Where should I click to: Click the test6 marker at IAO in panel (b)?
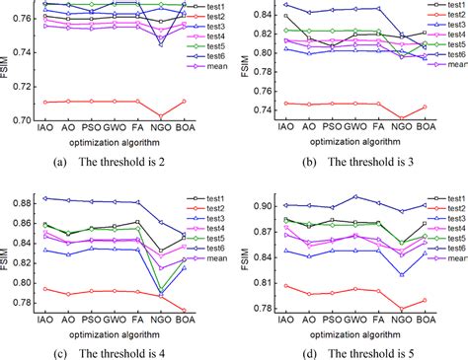tap(286, 5)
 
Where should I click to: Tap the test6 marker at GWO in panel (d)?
tap(354, 196)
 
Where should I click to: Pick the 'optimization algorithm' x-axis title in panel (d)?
tap(353, 337)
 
